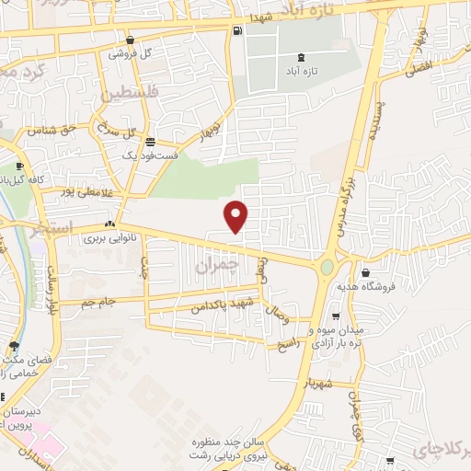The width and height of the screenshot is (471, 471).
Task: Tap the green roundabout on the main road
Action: coord(327,268)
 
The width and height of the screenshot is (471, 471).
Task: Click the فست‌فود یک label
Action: coord(148,156)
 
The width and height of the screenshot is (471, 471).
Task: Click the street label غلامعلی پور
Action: coord(84,192)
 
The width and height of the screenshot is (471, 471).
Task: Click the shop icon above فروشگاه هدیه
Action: coord(366,272)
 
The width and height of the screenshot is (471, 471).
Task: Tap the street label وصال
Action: coord(277,318)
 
